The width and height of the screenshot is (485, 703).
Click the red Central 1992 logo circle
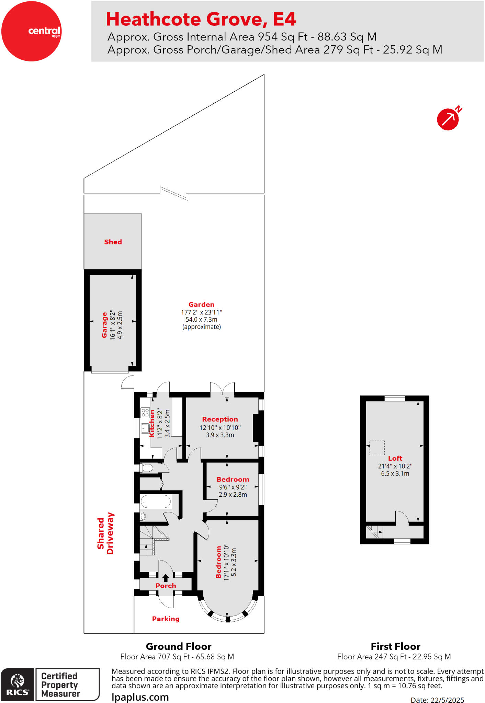tap(31, 31)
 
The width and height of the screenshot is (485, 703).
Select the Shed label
tap(113, 242)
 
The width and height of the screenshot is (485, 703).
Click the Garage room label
tap(104, 325)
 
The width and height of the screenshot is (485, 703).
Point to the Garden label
tap(201, 304)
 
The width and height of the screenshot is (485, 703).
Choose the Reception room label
tap(220, 419)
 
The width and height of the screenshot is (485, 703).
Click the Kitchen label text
tap(152, 424)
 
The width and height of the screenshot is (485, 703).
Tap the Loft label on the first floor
tap(395, 458)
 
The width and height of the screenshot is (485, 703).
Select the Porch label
tap(166, 586)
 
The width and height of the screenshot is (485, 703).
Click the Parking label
tap(166, 619)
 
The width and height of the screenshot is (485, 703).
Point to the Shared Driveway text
tap(105, 533)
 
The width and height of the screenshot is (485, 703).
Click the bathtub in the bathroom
tap(156, 502)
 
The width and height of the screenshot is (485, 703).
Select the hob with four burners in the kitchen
tap(145, 412)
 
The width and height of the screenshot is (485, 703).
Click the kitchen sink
tap(145, 428)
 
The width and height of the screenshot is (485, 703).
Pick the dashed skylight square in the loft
tap(377, 447)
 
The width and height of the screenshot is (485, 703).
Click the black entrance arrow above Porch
tap(166, 578)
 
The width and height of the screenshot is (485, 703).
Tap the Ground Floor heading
tap(179, 647)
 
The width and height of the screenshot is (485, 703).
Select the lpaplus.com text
tap(140, 697)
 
